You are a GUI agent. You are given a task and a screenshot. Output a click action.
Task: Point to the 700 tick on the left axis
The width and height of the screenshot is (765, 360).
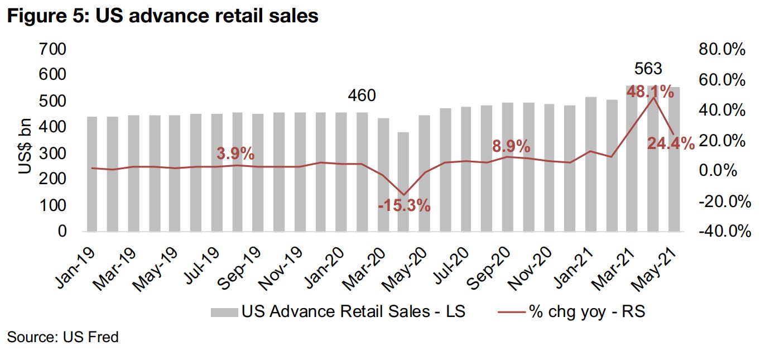tap(52, 49)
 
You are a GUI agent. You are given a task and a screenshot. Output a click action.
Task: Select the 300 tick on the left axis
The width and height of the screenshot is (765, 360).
tap(52, 153)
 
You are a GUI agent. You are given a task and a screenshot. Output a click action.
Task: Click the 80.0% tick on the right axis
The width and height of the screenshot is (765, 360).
tap(721, 49)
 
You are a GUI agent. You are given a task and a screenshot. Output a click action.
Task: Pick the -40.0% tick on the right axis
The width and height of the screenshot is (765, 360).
tap(721, 231)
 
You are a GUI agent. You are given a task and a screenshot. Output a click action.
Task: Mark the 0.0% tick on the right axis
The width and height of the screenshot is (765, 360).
tap(721, 170)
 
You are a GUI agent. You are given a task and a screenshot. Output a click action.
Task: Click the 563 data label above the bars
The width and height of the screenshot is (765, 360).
tap(648, 69)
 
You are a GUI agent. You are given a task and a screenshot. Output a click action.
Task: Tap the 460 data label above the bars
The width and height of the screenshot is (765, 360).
tap(362, 96)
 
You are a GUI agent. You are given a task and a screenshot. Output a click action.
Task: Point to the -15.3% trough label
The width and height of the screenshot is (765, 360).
tap(404, 205)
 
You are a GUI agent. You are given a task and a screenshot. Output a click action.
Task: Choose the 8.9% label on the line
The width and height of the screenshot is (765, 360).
tap(511, 147)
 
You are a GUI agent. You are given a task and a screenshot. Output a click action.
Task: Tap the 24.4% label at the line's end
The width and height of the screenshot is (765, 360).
tap(671, 144)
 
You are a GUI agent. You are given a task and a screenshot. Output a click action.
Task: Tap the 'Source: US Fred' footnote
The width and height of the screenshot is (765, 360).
tap(63, 337)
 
